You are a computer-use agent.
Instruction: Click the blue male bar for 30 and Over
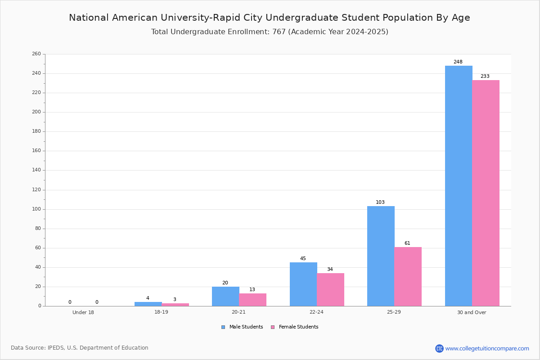(x=459, y=186)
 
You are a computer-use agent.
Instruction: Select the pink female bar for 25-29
(x=408, y=277)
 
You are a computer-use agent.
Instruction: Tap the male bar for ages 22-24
(x=303, y=284)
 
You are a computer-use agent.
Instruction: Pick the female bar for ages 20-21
(x=252, y=300)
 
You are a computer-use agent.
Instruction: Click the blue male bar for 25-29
(x=381, y=256)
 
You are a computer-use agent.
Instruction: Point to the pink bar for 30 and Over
(x=486, y=193)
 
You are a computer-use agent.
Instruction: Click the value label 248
(x=458, y=62)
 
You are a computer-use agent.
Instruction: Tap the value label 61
(x=407, y=243)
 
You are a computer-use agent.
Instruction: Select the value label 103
(x=380, y=202)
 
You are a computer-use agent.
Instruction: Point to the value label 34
(x=330, y=269)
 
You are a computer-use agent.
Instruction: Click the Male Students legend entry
(x=242, y=327)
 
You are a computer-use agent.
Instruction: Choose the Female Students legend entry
(x=295, y=327)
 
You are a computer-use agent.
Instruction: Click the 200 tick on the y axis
(x=36, y=112)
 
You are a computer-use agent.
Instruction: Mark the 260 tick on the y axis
(x=36, y=54)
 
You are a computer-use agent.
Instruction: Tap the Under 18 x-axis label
(x=83, y=312)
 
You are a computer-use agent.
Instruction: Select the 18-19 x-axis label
(x=161, y=312)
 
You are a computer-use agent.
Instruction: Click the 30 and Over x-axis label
(x=472, y=312)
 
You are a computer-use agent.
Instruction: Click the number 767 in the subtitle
(x=279, y=31)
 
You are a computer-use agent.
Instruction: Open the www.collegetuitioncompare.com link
(x=487, y=348)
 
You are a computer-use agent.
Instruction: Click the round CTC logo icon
(x=439, y=348)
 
